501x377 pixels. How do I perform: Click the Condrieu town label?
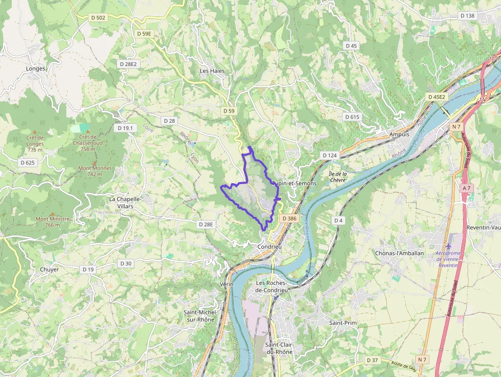(269, 247)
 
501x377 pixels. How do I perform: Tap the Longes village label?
(36, 69)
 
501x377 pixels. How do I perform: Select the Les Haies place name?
(212, 71)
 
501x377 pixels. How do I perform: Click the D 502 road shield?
(98, 18)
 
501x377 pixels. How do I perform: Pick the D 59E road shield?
(145, 34)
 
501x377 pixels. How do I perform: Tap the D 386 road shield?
(289, 218)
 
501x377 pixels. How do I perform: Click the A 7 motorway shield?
(466, 188)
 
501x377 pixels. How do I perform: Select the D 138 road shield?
(467, 16)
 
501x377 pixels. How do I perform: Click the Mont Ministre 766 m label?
(52, 221)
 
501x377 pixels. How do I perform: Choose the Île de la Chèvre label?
(337, 176)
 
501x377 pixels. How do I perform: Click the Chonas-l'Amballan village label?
(400, 253)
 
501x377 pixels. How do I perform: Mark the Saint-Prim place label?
(343, 323)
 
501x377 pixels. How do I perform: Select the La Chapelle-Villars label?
(122, 202)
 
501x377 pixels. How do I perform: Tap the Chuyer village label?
(50, 270)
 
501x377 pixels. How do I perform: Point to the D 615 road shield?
(352, 117)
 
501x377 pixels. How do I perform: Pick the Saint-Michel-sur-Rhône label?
(200, 316)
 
